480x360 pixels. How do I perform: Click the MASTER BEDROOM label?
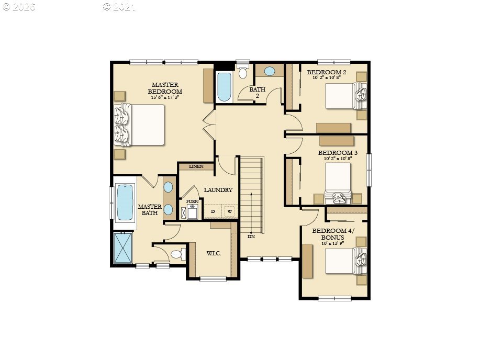165,87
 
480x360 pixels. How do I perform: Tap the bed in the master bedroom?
140,125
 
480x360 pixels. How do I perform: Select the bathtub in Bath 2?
224,87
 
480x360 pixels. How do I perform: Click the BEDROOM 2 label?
326,72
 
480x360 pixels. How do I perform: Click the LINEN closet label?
196,166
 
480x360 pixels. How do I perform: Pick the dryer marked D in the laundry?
213,211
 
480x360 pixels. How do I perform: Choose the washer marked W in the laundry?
230,211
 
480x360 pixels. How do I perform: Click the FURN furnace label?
192,201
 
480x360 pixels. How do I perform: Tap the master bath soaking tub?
125,203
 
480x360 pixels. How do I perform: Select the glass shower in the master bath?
124,248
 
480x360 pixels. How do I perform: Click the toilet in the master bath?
177,255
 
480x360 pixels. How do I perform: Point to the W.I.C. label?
214,253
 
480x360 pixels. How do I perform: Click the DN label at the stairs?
251,237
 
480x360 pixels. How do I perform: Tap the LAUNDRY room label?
218,190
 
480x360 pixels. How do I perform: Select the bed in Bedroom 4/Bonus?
343,260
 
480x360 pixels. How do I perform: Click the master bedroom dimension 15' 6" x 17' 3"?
165,97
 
